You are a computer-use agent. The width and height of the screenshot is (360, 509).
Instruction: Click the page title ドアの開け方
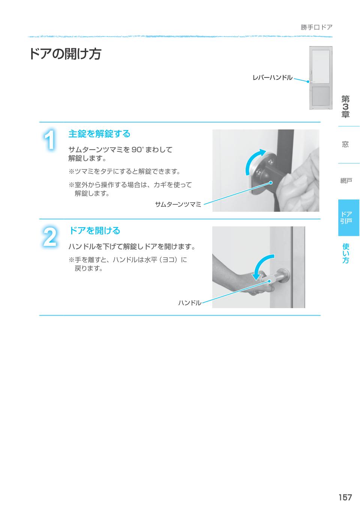coord(65,54)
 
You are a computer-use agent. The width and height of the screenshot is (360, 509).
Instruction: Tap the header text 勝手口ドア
coord(316,27)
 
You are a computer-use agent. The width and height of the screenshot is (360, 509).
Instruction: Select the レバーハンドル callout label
coord(272,78)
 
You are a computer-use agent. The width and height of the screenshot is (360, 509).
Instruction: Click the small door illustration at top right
coord(321,78)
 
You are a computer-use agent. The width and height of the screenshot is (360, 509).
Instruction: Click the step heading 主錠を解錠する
coord(99,134)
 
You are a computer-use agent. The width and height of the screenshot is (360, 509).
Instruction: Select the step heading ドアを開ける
coord(94,231)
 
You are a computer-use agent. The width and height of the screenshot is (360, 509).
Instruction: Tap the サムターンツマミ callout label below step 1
coord(178,204)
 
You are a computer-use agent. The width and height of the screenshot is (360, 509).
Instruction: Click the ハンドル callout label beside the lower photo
coord(189,302)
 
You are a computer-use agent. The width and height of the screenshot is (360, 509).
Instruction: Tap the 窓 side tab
coord(345,144)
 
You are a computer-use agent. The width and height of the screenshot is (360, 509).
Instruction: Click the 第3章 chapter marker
coord(345,107)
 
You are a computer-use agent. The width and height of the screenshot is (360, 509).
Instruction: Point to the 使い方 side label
coord(345,253)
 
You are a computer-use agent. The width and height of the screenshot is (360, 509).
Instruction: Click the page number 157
coord(345,497)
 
